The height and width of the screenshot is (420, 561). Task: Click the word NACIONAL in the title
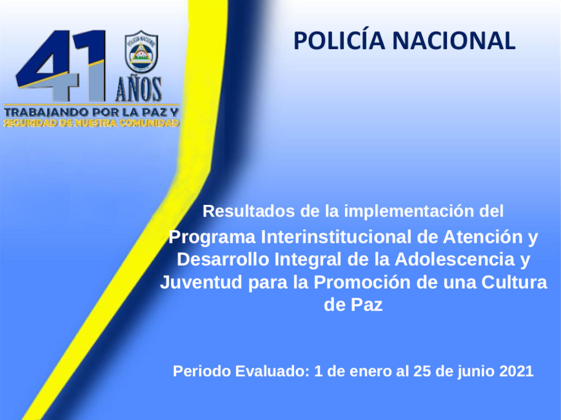454,41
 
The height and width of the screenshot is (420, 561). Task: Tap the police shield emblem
141,52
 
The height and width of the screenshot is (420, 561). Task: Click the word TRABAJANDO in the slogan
46,112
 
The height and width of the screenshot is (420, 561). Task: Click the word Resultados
249,211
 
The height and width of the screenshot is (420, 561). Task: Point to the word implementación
409,211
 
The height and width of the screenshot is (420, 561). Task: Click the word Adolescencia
455,260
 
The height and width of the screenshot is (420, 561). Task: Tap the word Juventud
201,282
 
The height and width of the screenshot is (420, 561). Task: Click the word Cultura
514,282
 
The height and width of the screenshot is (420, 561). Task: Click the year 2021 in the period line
517,371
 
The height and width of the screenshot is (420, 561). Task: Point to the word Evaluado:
272,371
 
